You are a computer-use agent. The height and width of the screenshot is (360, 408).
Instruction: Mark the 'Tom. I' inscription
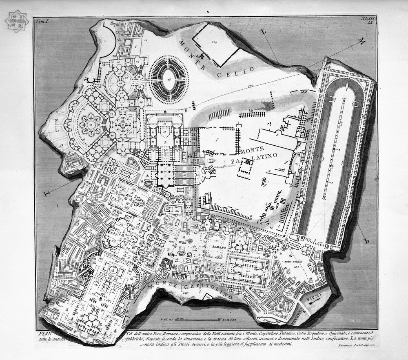[x=42, y=21]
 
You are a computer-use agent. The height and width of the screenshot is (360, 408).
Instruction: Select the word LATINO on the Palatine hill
[x=266, y=156]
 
